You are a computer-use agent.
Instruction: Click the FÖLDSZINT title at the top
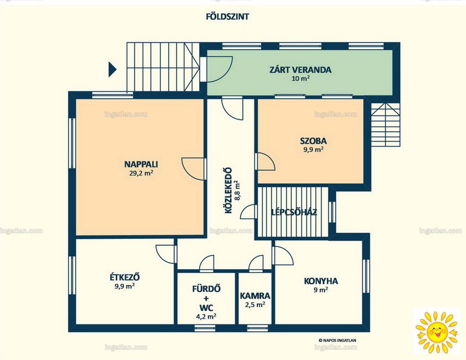pyautogui.click(x=227, y=17)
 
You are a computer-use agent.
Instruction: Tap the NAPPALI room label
pyautogui.click(x=141, y=164)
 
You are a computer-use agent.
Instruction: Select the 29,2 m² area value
pyautogui.click(x=141, y=173)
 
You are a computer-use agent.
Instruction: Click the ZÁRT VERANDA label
pyautogui.click(x=300, y=70)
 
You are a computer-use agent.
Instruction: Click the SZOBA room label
pyautogui.click(x=313, y=140)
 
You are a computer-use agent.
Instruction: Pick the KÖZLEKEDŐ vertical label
pyautogui.click(x=228, y=190)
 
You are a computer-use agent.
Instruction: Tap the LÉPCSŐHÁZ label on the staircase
pyautogui.click(x=294, y=212)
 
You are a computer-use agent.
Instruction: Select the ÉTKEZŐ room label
pyautogui.click(x=125, y=277)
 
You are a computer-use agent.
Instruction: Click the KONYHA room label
pyautogui.click(x=321, y=281)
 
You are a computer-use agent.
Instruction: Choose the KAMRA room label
pyautogui.click(x=255, y=296)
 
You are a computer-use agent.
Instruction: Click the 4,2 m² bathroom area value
pyautogui.click(x=206, y=317)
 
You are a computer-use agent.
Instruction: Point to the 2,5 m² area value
pyautogui.click(x=255, y=305)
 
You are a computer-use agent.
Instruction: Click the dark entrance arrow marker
pyautogui.click(x=112, y=69)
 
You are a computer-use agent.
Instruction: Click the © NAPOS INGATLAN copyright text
pyautogui.click(x=337, y=341)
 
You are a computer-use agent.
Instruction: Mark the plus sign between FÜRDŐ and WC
pyautogui.click(x=206, y=298)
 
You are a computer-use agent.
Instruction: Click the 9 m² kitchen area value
pyautogui.click(x=321, y=290)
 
